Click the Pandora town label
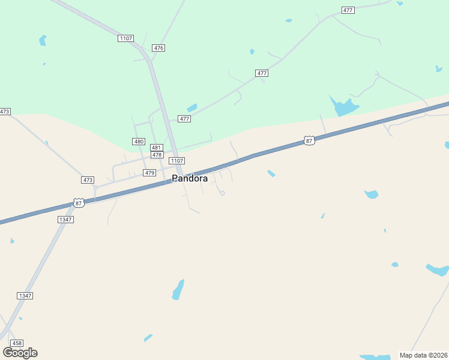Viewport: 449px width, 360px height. [190, 178]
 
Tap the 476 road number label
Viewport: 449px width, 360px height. [158, 48]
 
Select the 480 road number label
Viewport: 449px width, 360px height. [139, 142]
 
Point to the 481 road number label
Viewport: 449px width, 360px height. [156, 148]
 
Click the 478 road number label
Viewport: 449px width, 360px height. [157, 155]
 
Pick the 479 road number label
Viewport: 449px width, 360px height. [150, 173]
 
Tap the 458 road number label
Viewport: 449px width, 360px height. [17, 343]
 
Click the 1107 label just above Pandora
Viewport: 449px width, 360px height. [176, 161]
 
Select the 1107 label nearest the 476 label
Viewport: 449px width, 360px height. [125, 38]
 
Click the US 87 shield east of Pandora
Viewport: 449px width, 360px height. [309, 140]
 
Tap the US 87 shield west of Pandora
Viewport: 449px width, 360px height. [79, 203]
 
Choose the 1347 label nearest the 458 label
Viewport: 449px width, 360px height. [25, 296]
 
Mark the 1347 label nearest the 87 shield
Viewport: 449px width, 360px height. [65, 220]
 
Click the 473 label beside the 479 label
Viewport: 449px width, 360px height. [88, 180]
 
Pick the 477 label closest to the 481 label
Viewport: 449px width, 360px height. [184, 119]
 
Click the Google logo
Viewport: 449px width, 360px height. [20, 352]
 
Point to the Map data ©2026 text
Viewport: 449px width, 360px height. [423, 355]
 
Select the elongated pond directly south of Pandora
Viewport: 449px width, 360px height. [178, 289]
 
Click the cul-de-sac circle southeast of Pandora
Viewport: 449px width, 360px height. [222, 193]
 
